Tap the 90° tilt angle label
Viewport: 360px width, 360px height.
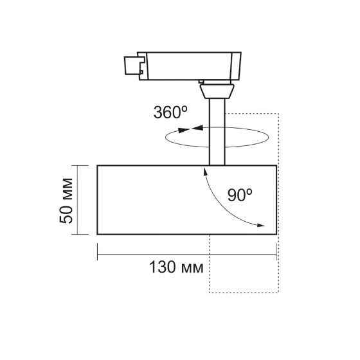tap(240, 196)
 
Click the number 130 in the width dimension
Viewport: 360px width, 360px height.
tap(161, 266)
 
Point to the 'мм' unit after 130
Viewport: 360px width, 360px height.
tap(192, 266)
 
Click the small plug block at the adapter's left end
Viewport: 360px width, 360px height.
tap(132, 66)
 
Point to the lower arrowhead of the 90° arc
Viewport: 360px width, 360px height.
tap(260, 225)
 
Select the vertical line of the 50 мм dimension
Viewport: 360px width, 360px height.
tap(77, 201)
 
